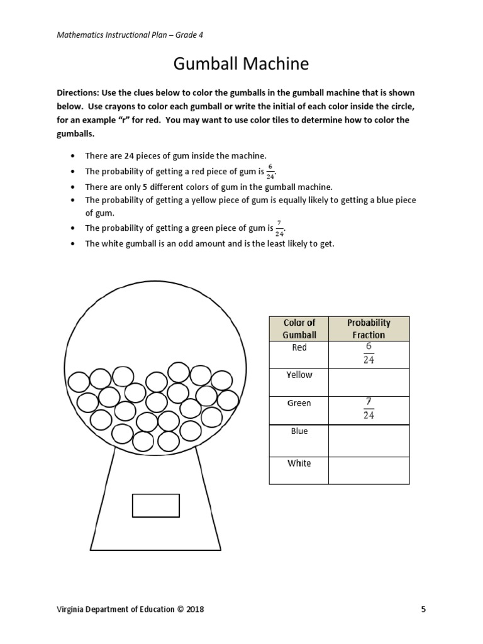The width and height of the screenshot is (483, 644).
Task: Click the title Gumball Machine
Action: click(241, 64)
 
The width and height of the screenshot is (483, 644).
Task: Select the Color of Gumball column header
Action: click(299, 329)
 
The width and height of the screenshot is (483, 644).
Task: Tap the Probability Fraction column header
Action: click(369, 329)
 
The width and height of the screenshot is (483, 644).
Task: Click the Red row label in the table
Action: click(299, 348)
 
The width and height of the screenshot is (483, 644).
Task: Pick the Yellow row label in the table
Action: click(299, 375)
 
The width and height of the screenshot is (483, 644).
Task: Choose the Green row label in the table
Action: click(299, 403)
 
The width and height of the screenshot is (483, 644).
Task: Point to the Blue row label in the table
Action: click(299, 431)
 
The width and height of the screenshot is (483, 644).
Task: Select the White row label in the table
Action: click(299, 464)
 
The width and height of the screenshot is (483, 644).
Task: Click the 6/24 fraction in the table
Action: click(369, 354)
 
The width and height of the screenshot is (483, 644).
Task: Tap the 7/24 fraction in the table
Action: click(369, 409)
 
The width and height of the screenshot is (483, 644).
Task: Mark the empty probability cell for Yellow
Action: click(369, 382)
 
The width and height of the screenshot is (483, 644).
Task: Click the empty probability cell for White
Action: click(369, 470)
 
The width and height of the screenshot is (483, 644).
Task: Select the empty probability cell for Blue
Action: click(369, 440)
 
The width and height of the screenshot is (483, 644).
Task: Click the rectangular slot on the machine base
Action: click(156, 506)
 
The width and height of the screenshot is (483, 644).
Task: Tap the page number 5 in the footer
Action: click(423, 609)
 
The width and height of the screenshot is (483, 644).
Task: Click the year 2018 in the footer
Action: click(193, 609)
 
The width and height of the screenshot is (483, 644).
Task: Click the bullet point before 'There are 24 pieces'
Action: click(73, 155)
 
